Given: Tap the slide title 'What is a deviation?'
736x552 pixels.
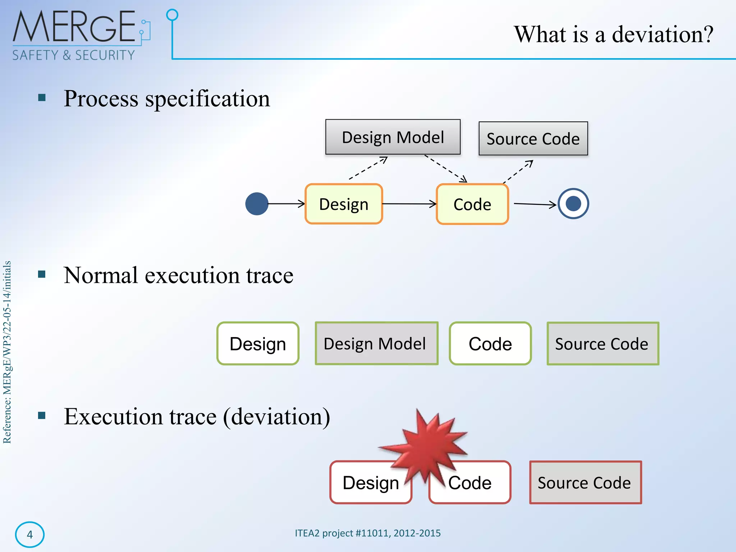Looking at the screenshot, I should click(613, 34).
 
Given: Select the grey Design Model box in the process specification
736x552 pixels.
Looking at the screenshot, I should click(393, 137).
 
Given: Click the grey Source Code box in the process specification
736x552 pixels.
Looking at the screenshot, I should click(533, 139).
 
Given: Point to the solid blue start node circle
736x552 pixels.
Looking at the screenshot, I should click(257, 204).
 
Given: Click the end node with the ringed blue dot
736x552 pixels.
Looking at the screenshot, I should click(573, 204).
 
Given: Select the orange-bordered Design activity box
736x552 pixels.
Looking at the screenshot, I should click(344, 204).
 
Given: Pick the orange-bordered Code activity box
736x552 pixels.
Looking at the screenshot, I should click(472, 204).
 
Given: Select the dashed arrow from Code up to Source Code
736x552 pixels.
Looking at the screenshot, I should click(518, 171).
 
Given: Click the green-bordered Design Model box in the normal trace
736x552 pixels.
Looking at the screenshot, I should click(376, 344).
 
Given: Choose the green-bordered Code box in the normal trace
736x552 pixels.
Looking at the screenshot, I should click(490, 344).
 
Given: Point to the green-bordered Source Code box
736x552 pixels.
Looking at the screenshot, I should click(603, 344).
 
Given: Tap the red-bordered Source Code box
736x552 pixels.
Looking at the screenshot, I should click(585, 482).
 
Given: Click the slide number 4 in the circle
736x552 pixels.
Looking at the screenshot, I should click(30, 535).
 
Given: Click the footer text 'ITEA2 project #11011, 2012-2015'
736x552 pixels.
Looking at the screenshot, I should click(368, 533).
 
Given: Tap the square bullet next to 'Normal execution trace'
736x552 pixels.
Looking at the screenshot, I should click(42, 275).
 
